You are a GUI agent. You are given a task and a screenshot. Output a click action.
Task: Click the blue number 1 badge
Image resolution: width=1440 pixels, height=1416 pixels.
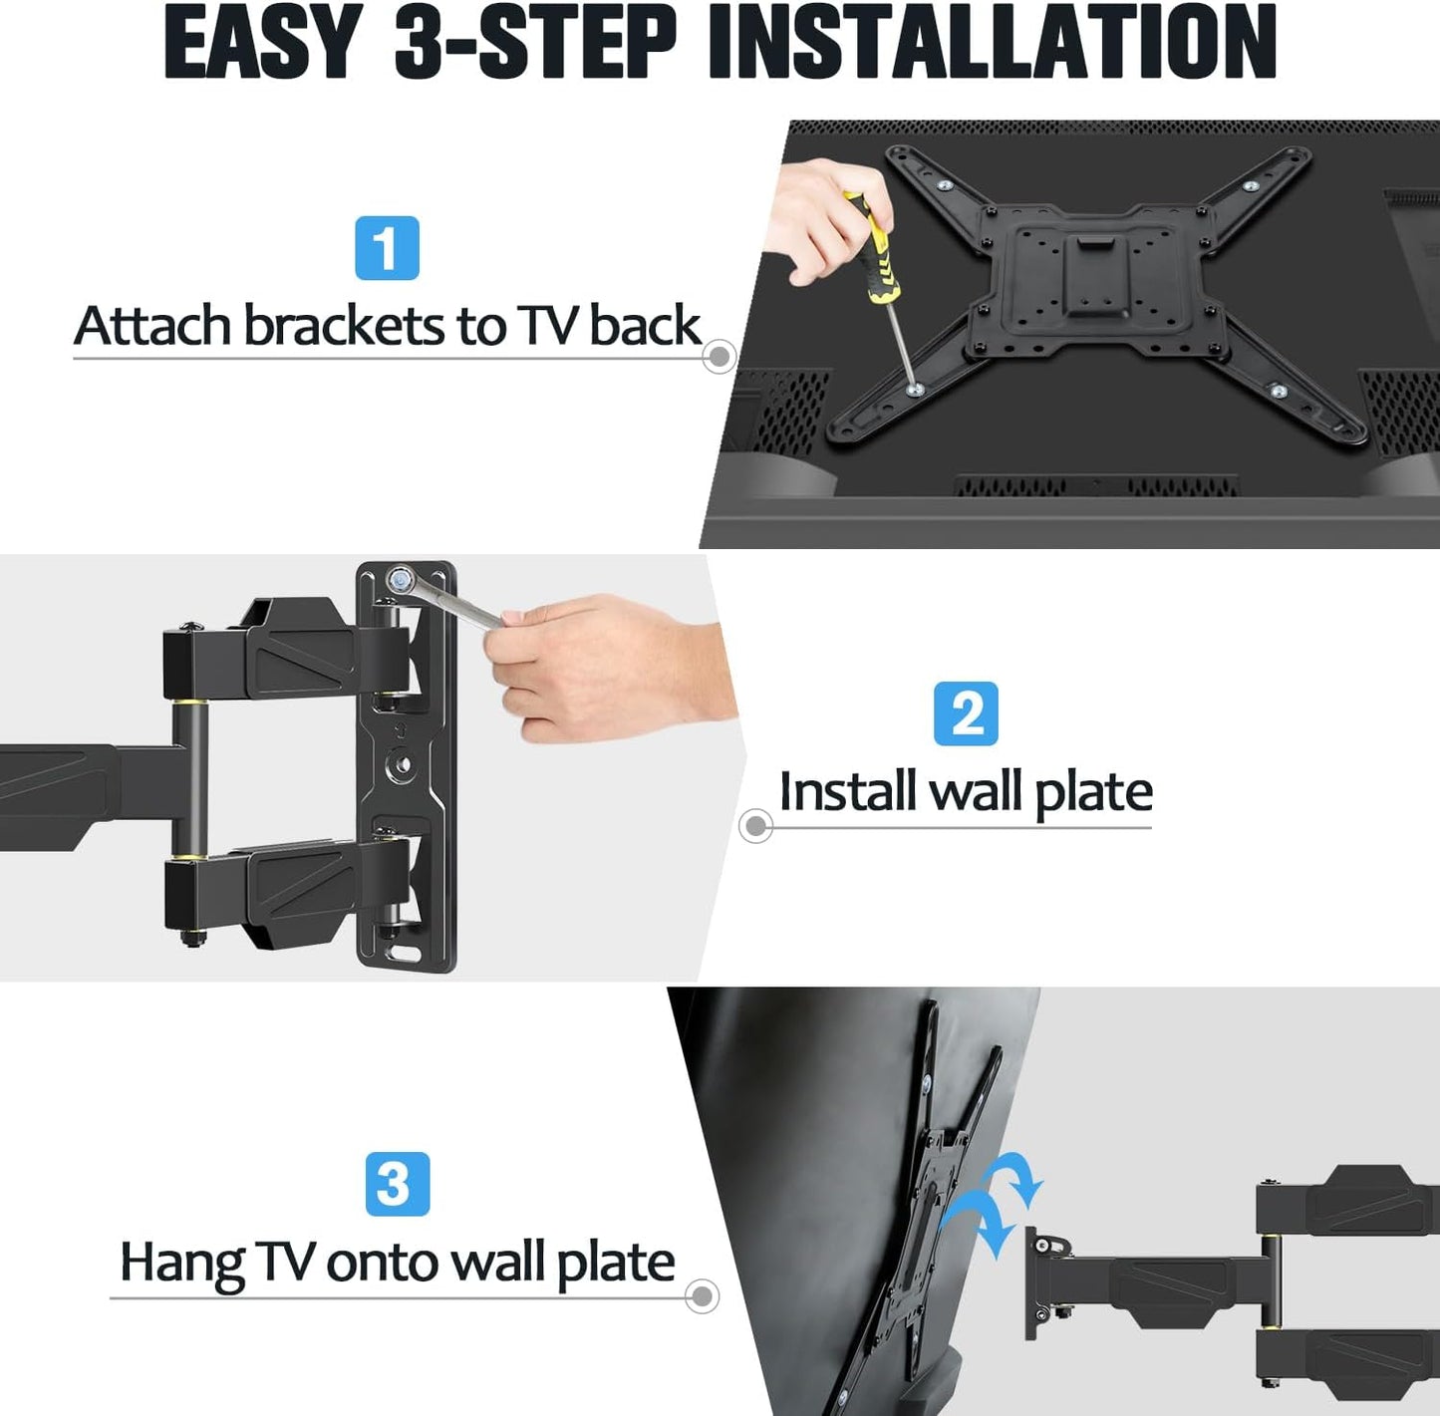coord(387,248)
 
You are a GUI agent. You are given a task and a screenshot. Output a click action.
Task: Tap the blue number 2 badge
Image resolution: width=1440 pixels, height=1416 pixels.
coord(967,713)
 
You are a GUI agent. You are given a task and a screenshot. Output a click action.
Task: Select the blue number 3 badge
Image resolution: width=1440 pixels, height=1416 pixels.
coord(398,1185)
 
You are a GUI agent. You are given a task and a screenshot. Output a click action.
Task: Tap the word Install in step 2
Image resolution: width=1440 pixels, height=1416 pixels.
coord(847,790)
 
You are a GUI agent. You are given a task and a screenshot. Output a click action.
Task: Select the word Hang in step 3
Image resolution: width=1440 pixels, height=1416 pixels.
coord(181,1263)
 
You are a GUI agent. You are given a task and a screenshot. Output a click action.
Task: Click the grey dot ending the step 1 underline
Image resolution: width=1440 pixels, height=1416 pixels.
coord(720,357)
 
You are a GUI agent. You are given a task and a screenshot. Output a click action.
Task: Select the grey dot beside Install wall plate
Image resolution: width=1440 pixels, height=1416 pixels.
coord(755,826)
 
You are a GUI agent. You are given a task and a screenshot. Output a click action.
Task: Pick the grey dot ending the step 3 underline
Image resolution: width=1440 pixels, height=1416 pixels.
coord(702,1296)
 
